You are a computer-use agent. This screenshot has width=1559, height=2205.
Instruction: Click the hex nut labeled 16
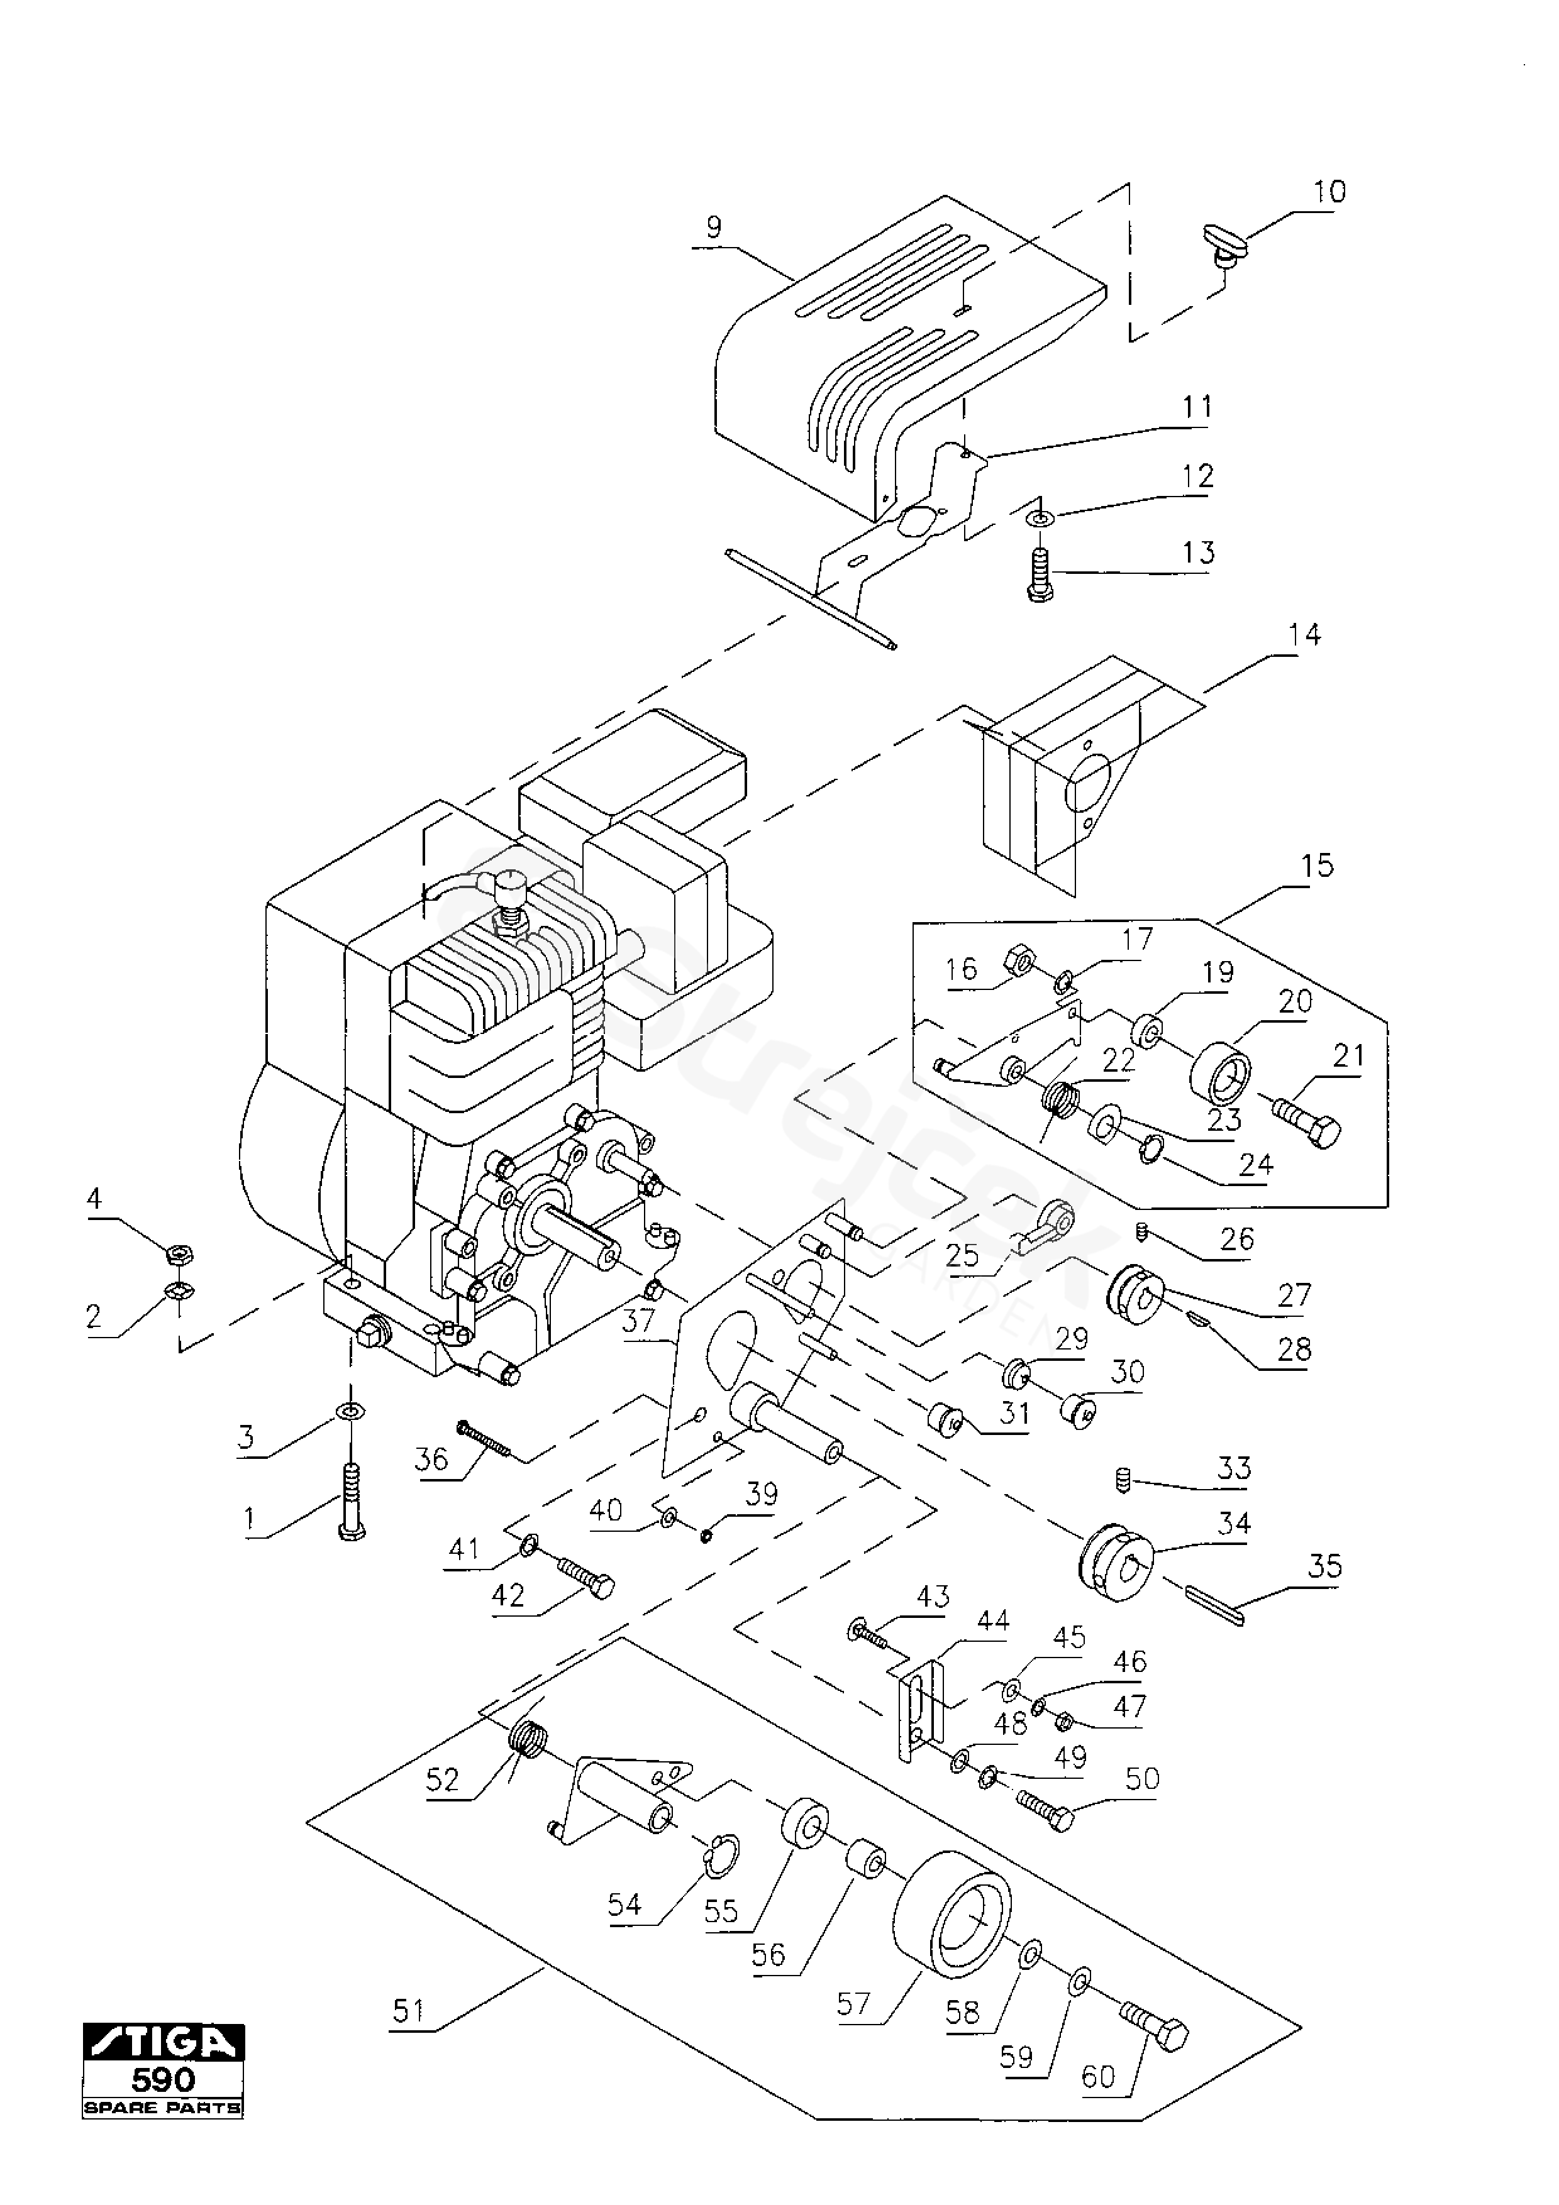click(x=1018, y=959)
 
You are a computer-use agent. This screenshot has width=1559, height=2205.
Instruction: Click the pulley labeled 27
click(x=1136, y=1295)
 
